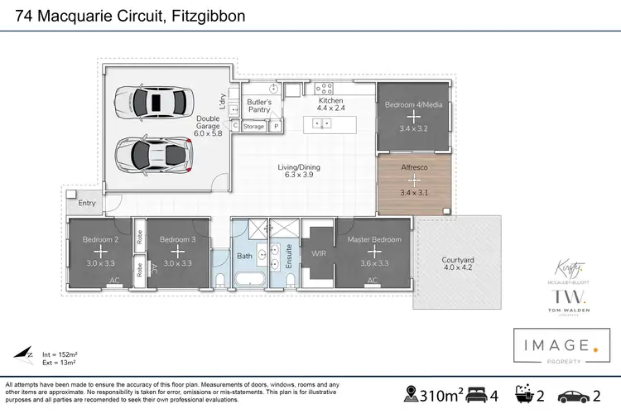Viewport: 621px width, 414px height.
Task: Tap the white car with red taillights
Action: pyautogui.click(x=154, y=152)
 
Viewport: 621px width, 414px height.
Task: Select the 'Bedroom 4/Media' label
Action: pyautogui.click(x=413, y=105)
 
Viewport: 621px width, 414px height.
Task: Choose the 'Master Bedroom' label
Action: pyautogui.click(x=373, y=239)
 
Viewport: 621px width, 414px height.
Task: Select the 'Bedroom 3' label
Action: pyautogui.click(x=176, y=239)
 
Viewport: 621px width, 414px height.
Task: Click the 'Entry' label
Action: pyautogui.click(x=87, y=203)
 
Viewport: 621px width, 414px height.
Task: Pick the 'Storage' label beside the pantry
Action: pyautogui.click(x=253, y=127)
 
